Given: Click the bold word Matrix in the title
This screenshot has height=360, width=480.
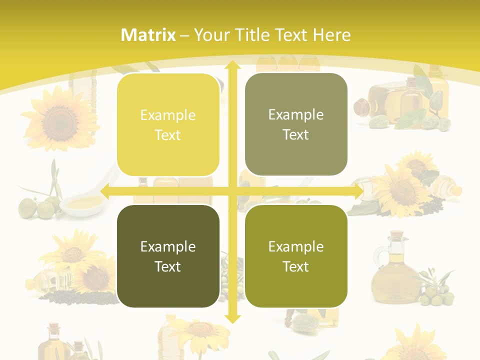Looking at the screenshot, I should coord(148,35).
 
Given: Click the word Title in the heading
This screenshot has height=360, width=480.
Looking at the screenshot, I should coord(254,35).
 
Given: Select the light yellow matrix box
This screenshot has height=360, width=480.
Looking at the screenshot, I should coord(168,124).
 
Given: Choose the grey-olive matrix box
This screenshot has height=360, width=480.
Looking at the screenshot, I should coord(296,124).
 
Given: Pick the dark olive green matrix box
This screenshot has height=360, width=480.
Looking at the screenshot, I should coord(168,256).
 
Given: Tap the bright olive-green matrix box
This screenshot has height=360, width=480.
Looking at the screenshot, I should coord(296,256).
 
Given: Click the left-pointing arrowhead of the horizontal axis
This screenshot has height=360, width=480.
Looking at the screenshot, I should coord(105,190).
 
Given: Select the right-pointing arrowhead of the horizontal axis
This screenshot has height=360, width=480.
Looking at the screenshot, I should coord(358,190).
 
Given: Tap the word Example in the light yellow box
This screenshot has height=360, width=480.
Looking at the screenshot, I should coord(168,115).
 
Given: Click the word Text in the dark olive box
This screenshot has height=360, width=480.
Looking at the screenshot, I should coord(168,266).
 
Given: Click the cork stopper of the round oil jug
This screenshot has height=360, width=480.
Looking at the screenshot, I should coord(396,234).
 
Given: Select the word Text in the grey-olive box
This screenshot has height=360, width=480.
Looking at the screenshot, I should coord(296,134).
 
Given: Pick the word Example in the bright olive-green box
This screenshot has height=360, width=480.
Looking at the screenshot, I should coord(296,246).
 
